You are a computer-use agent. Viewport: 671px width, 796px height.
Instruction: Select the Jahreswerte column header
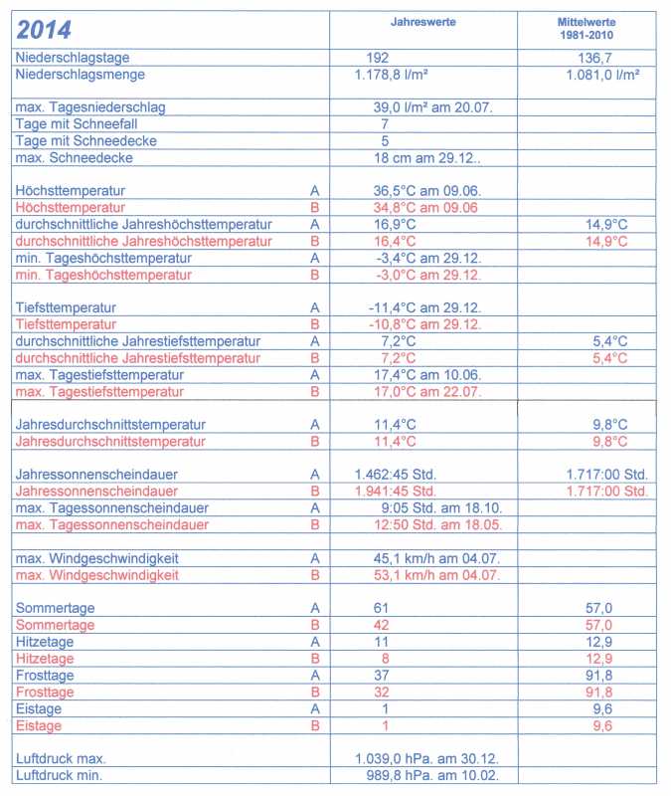422,22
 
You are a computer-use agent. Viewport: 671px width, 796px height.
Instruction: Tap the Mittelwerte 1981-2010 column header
587,28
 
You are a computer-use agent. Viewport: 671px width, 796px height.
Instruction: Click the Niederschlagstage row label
73,58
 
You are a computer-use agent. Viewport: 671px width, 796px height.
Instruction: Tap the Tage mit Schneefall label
73,124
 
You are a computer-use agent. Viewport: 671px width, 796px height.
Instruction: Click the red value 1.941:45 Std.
396,491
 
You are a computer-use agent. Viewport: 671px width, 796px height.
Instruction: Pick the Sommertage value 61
384,608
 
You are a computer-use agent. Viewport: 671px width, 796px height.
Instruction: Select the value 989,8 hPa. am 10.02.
424,775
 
